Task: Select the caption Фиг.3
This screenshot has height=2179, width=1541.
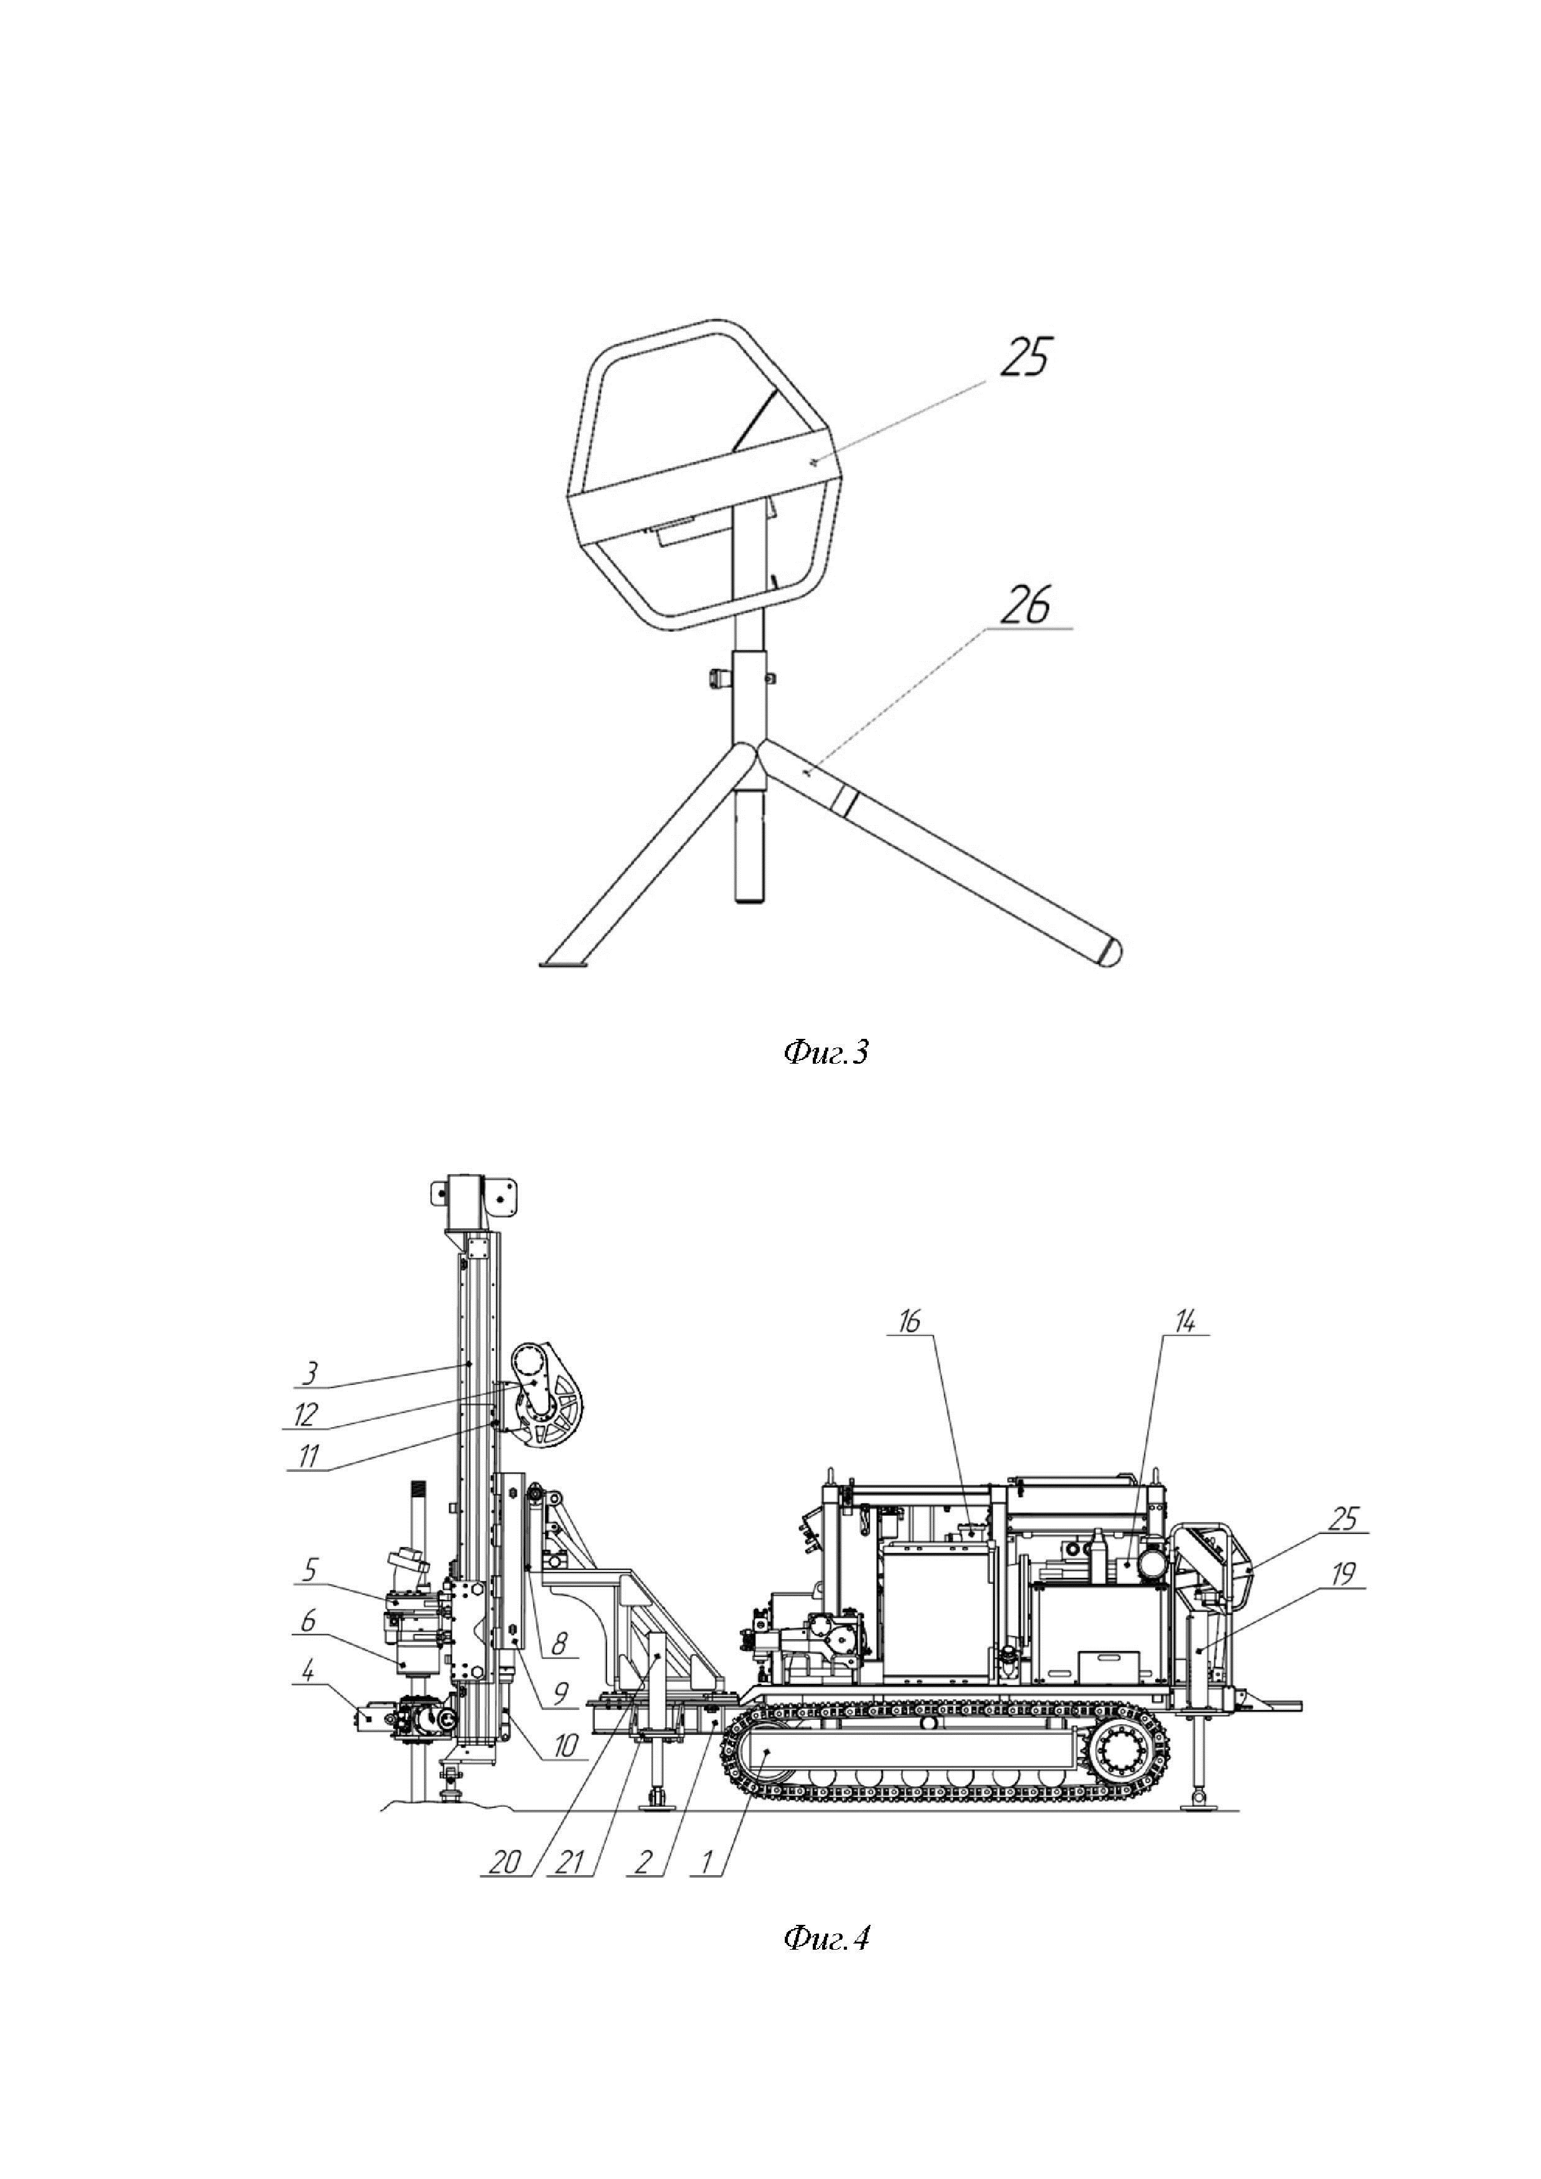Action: (x=826, y=1053)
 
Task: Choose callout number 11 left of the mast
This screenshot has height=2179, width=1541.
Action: (x=308, y=1456)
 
